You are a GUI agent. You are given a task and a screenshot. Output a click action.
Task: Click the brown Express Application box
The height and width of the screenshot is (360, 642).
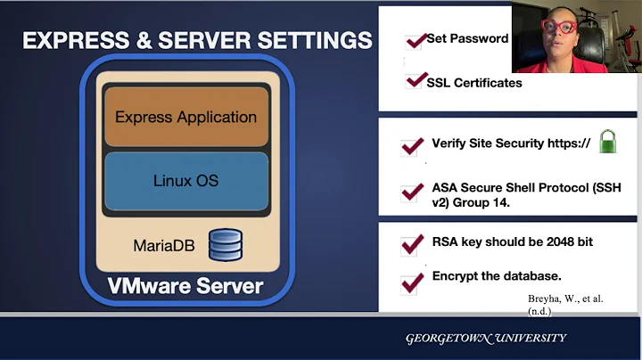[x=186, y=117]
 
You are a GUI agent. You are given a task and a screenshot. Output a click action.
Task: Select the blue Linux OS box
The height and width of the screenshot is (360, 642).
[x=186, y=181]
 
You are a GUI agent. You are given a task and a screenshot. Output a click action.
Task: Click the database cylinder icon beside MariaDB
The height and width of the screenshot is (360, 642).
[x=225, y=244]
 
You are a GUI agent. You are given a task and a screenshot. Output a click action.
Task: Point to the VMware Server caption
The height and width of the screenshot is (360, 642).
[x=185, y=286]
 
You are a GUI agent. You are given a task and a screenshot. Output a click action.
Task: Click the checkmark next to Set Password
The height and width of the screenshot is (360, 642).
[x=415, y=41]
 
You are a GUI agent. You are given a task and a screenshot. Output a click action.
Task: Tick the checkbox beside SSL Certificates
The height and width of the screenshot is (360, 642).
[x=415, y=81]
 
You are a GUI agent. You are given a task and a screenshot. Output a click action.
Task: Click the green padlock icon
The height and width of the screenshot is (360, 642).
[x=607, y=141]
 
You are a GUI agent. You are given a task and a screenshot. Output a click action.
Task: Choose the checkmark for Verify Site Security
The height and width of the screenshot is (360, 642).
[x=412, y=145]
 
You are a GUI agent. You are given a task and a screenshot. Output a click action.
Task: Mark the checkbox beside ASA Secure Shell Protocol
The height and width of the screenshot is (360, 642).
[x=412, y=192]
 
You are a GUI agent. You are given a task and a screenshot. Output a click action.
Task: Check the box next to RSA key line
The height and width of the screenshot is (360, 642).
[x=412, y=243]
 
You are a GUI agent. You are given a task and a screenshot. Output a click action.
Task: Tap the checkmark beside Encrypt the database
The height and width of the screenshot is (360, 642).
[x=412, y=282]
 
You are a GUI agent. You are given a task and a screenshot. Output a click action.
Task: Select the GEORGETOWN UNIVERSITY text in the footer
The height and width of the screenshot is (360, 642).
[x=485, y=339]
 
